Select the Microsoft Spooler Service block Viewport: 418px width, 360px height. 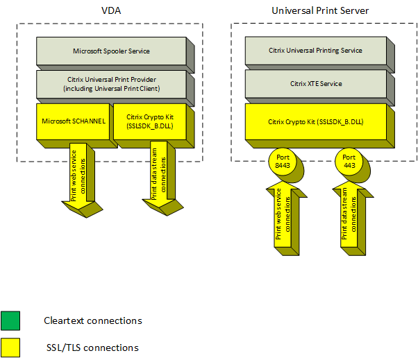point(111,51)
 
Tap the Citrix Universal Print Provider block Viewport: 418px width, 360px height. point(111,85)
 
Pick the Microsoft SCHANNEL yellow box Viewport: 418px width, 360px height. point(73,121)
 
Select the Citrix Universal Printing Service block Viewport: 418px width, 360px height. point(315,51)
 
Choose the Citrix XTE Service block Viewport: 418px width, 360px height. point(315,84)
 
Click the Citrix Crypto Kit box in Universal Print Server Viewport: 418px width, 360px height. point(315,121)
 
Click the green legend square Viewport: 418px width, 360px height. point(11,320)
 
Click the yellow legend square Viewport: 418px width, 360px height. point(11,347)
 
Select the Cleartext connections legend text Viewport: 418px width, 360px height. point(92,320)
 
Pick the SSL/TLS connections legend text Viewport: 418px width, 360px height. point(91,348)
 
